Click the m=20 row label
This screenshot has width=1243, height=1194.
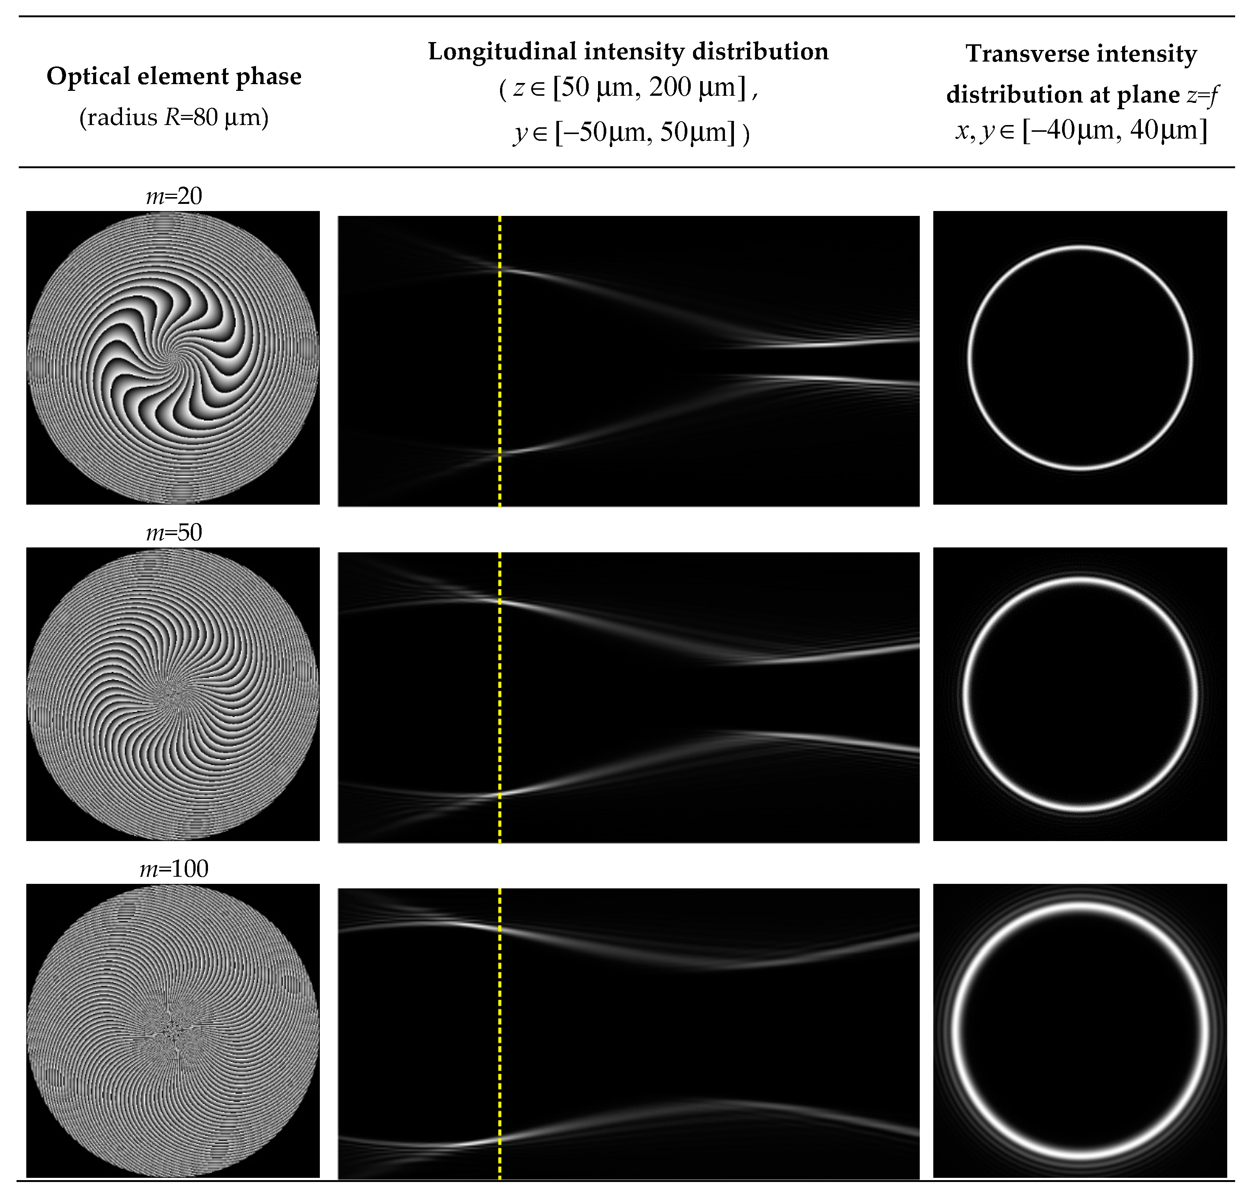pyautogui.click(x=174, y=196)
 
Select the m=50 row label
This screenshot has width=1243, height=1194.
pyautogui.click(x=174, y=532)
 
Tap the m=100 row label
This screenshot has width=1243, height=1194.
pyautogui.click(x=174, y=868)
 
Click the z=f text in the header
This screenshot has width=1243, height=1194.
pyautogui.click(x=1202, y=95)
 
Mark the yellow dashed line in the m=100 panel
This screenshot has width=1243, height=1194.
pyautogui.click(x=500, y=1034)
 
